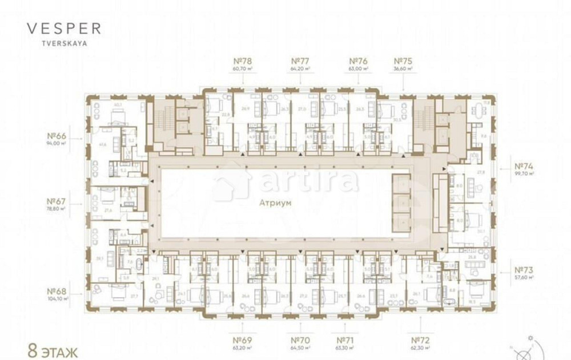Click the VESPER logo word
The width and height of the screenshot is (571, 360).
coord(64,28)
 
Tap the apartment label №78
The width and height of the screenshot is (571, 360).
coord(243,60)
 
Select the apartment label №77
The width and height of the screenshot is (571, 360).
coord(300,60)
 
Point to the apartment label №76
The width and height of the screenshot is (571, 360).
coord(358,60)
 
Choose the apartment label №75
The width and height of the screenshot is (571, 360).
coord(404,60)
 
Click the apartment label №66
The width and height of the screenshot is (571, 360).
coord(57,136)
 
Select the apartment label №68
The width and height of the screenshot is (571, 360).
coord(58,290)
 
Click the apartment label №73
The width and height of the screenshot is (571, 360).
coord(524,270)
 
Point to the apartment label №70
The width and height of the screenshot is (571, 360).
coord(300,340)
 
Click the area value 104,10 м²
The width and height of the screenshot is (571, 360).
coord(58,298)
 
